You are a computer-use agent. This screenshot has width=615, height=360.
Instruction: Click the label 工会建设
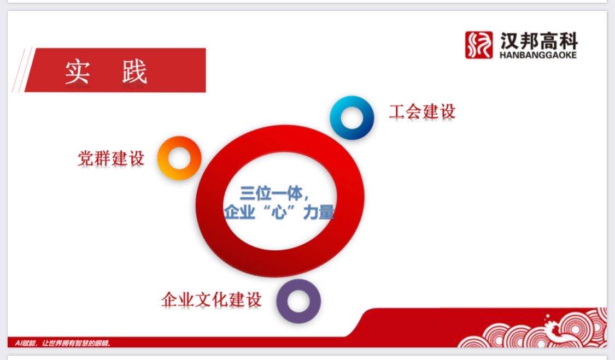pos(422,112)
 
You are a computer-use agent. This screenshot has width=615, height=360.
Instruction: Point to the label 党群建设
pos(111,158)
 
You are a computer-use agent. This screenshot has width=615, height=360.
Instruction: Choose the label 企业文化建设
pos(212,299)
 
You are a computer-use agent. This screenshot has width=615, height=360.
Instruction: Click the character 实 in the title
pos(78,72)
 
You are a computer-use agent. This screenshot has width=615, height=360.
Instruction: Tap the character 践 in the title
pos(134,72)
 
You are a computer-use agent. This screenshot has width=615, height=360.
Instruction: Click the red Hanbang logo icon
pos(478,45)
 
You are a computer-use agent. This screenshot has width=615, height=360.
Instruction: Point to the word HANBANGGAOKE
pos(538,55)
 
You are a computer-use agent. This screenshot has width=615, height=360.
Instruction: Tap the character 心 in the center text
pos(279,212)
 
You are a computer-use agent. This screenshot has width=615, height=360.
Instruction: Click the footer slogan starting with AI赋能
pos(63,343)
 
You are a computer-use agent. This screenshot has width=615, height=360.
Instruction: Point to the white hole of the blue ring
pos(352,117)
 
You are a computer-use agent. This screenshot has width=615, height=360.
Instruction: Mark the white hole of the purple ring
pos(298,301)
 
